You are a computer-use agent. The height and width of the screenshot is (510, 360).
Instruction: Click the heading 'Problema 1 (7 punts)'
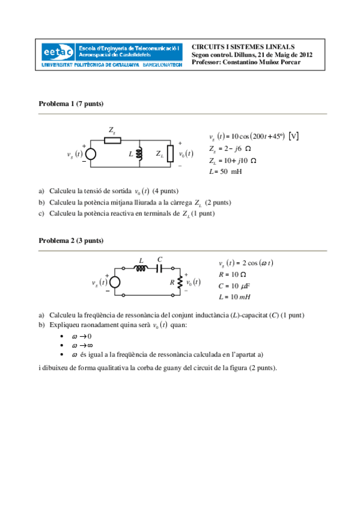[71, 104]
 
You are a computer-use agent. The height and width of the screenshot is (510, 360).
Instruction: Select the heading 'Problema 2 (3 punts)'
[71, 241]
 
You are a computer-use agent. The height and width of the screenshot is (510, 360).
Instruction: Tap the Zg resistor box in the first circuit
[112, 141]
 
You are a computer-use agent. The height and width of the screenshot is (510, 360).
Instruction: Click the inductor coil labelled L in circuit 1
[140, 154]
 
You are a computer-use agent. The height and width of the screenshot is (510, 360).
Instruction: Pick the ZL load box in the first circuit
[170, 154]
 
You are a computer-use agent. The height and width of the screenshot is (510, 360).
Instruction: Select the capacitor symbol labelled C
[160, 269]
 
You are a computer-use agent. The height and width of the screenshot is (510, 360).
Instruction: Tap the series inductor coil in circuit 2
[141, 269]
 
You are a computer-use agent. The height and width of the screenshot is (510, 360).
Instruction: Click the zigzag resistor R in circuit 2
[180, 282]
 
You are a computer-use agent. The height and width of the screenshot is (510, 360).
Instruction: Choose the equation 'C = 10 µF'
[234, 286]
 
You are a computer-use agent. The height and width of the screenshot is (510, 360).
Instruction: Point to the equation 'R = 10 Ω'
[233, 274]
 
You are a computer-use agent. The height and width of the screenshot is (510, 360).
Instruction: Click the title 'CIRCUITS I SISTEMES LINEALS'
[243, 46]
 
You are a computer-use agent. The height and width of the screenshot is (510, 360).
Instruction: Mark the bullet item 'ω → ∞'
[82, 346]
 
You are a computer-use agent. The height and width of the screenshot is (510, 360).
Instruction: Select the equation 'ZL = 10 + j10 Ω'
[234, 161]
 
